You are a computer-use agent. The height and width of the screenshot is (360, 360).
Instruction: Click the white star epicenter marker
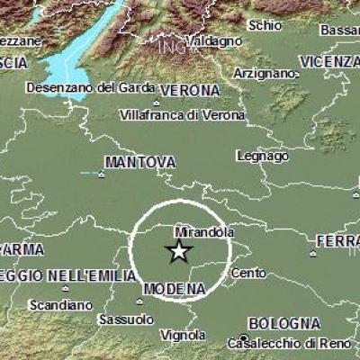[x=180, y=251]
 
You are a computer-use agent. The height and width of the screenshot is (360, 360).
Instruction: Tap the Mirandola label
[x=199, y=231]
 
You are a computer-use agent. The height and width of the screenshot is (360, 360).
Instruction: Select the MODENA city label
[x=175, y=287]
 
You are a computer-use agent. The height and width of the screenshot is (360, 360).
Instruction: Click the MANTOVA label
[x=139, y=162]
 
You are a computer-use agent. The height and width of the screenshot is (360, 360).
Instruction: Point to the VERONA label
[x=190, y=92]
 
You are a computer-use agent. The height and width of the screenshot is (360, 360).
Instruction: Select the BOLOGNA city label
[x=284, y=323]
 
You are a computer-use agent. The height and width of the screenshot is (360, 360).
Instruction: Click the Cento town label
[x=248, y=272]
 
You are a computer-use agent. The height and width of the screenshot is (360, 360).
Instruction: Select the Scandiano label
[x=60, y=305]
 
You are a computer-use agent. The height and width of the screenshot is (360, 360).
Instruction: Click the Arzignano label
[x=265, y=73]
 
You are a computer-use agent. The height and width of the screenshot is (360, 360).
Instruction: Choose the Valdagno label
[x=213, y=41]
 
